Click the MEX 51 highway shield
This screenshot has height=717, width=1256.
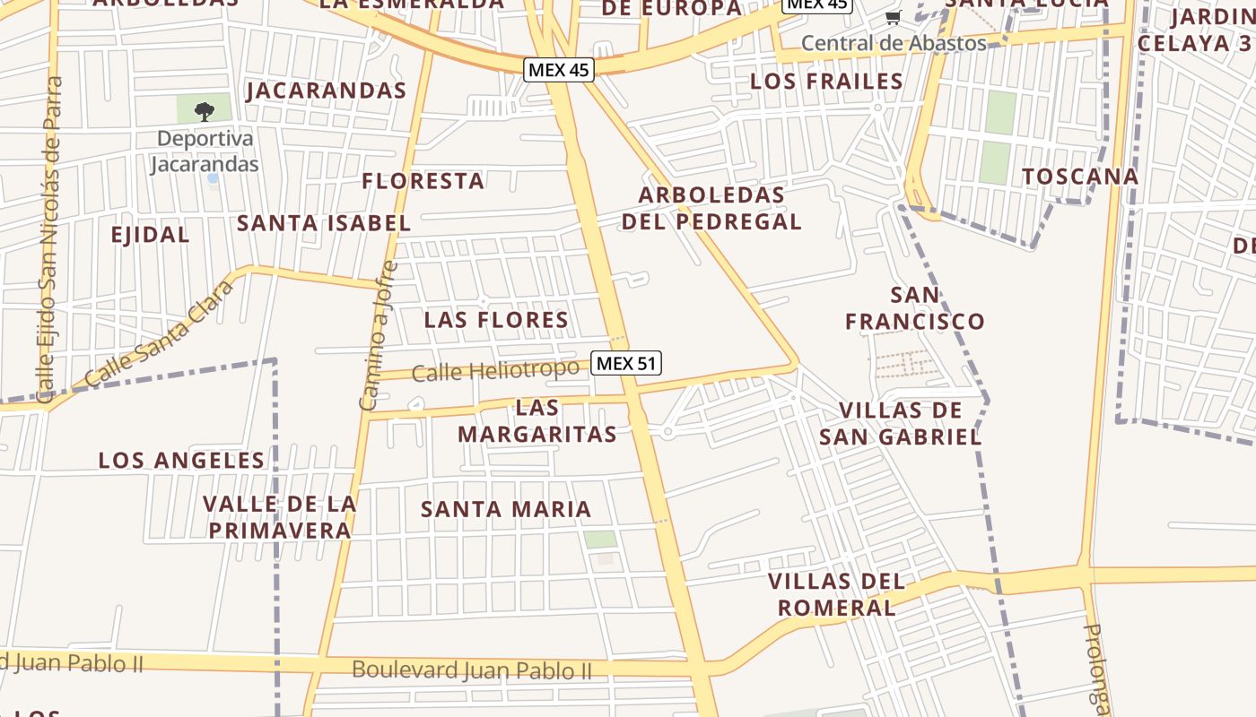click(626, 363)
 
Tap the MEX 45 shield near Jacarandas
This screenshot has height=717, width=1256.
click(559, 69)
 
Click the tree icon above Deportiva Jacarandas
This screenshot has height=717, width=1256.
click(205, 111)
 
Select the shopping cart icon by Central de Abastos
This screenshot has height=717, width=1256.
click(893, 17)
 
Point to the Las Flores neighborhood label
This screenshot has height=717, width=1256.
click(496, 320)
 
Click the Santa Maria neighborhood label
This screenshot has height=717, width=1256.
click(506, 509)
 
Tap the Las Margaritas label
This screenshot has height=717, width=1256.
click(537, 421)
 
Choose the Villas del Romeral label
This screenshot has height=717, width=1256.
click(836, 594)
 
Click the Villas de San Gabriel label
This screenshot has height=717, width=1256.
click(900, 424)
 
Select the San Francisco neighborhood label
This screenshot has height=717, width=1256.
click(915, 307)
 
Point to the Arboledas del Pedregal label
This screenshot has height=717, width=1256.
click(711, 208)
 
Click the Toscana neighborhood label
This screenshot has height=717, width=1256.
click(1080, 177)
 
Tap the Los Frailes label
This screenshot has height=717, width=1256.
click(826, 82)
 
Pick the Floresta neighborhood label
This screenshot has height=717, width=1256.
click(423, 181)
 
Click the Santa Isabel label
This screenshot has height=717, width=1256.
click(324, 223)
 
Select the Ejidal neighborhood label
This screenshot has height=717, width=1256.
click(150, 235)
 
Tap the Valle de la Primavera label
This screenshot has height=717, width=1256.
click(280, 517)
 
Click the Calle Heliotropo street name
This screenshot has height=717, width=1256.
click(495, 370)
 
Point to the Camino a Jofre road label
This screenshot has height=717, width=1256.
click(378, 335)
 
